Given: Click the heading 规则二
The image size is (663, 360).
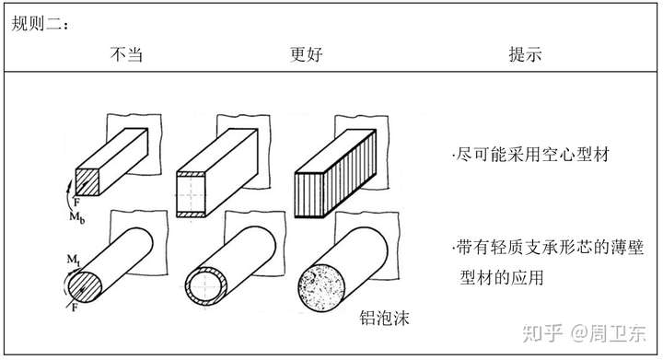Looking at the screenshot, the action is [40, 23].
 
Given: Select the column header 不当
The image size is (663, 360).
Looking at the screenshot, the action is [126, 54].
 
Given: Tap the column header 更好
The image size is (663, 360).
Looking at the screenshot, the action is [307, 54].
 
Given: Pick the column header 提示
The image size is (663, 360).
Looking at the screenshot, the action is [525, 54].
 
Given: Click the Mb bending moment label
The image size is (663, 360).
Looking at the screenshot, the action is [77, 217].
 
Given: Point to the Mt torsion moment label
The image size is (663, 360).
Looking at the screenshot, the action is [73, 260].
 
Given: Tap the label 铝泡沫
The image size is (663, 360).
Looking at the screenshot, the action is [384, 318].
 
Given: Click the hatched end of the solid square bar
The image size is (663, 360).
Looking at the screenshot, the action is [87, 182].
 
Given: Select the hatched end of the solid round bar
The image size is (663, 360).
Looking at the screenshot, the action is [85, 287].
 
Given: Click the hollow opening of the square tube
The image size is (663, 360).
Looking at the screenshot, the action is [191, 194].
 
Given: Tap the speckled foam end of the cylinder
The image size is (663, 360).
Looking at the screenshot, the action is [321, 288].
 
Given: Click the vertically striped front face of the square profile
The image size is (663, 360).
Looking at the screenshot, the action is [309, 195].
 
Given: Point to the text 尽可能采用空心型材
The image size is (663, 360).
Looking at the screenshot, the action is [530, 155].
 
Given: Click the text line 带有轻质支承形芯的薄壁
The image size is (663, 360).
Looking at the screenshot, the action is [548, 248].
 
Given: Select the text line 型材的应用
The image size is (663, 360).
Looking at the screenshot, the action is [502, 278].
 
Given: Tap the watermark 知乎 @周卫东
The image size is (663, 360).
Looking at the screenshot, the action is [584, 333].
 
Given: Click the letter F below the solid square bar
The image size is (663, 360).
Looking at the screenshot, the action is [76, 203].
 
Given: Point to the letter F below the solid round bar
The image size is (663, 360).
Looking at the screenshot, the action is [75, 308].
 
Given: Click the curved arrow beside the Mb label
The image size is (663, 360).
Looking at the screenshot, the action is [67, 195].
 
